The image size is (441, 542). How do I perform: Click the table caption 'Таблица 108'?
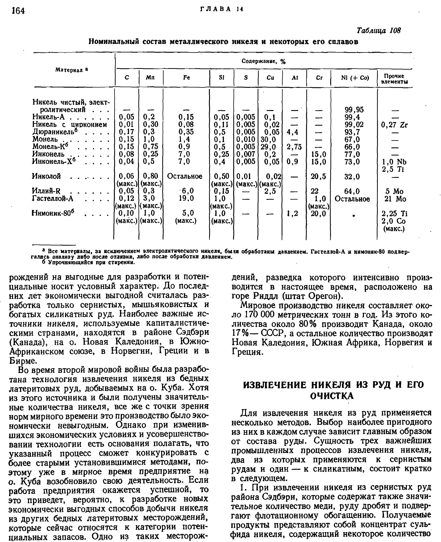(378, 30)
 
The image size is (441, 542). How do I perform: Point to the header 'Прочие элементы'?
(394, 79)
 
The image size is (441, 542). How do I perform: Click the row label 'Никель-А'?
(49, 117)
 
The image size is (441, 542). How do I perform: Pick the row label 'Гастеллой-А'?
(53, 198)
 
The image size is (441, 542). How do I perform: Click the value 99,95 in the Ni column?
(354, 110)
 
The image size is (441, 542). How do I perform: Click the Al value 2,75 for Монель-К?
(294, 147)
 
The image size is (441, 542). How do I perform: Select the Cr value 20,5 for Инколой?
(318, 176)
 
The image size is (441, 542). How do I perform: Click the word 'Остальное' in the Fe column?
(185, 176)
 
